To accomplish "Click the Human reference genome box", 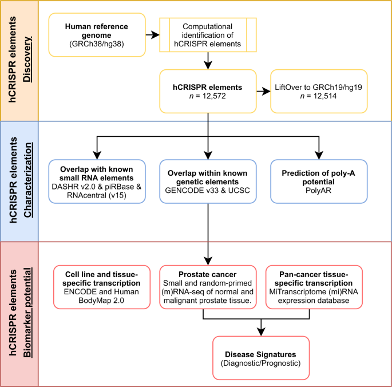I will coord(96,35).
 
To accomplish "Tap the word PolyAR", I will coord(319,191).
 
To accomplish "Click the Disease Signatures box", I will coord(261,357).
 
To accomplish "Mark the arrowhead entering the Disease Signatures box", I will coord(261,333).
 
